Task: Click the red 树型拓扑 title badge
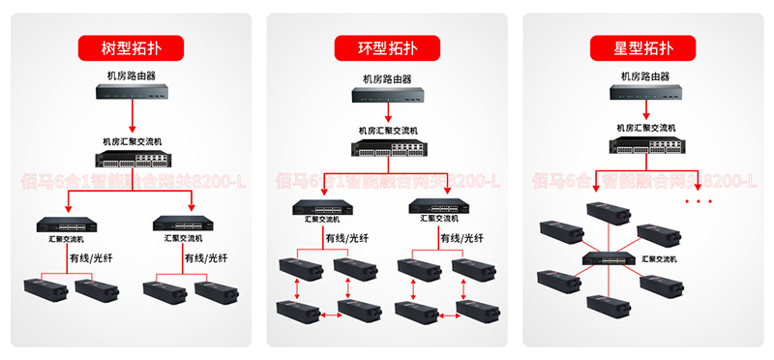(x=132, y=46)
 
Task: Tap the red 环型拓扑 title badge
(x=386, y=46)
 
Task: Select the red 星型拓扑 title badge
(x=643, y=46)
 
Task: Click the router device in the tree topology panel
(x=132, y=92)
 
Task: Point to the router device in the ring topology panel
(x=387, y=97)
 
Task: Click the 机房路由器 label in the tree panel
(x=132, y=74)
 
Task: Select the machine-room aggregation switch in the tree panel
(x=132, y=161)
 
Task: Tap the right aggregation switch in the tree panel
(x=191, y=223)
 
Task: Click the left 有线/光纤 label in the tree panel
(x=91, y=258)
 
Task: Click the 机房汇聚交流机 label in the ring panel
(x=387, y=130)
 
